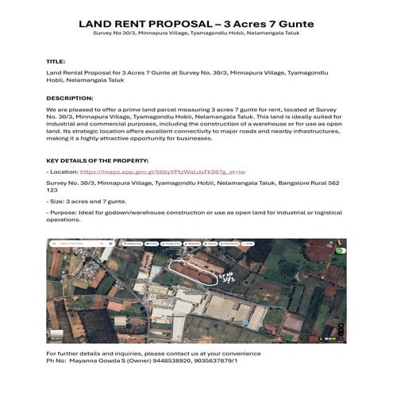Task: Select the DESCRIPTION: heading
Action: pyautogui.click(x=70, y=98)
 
